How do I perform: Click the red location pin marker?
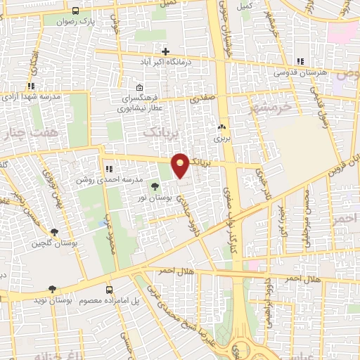pyautogui.click(x=181, y=165)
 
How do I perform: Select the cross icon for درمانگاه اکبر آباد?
pyautogui.click(x=165, y=51)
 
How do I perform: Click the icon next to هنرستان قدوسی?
pyautogui.click(x=300, y=62)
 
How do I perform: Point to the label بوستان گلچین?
pyautogui.click(x=48, y=244)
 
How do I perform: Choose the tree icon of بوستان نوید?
pyautogui.click(x=51, y=289)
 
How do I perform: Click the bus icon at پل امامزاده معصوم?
pyautogui.click(x=108, y=289)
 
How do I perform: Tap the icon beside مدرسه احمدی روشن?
pyautogui.click(x=108, y=169)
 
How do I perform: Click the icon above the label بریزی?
pyautogui.click(x=222, y=127)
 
